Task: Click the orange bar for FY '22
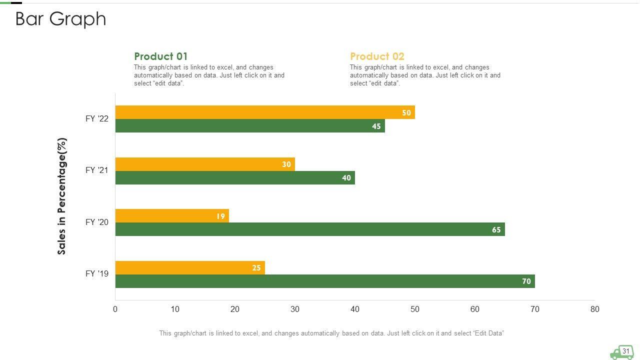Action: click(265, 112)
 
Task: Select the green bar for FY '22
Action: click(250, 126)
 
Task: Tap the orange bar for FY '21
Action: click(205, 164)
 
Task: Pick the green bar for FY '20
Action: click(310, 229)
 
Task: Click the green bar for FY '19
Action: click(325, 281)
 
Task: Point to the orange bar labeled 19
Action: click(172, 216)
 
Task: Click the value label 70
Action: click(526, 281)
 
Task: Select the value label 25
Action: click(256, 268)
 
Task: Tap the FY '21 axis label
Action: click(97, 170)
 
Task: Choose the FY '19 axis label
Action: click(97, 273)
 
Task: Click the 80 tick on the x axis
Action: click(594, 309)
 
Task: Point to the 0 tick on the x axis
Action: click(115, 309)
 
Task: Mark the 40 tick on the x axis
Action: click(355, 309)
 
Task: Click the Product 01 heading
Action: click(161, 56)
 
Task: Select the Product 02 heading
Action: click(377, 56)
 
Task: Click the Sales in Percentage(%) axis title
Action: click(62, 196)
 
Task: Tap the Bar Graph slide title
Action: click(61, 19)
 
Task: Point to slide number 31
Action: click(626, 351)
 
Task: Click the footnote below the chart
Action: click(331, 333)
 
